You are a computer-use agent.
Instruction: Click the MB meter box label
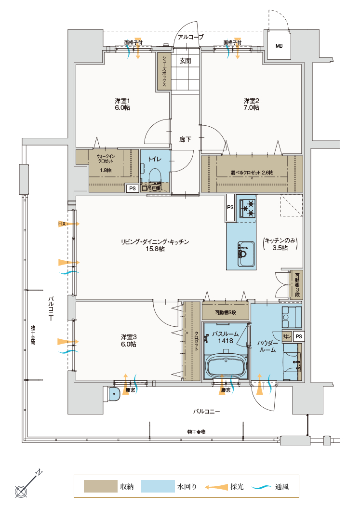pyautogui.click(x=279, y=46)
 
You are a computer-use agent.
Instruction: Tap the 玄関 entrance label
pyautogui.click(x=186, y=61)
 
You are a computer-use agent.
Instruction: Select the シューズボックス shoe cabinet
pyautogui.click(x=164, y=71)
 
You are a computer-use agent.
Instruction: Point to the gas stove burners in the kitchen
pyautogui.click(x=247, y=208)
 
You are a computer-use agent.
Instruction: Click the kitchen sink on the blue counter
pyautogui.click(x=247, y=254)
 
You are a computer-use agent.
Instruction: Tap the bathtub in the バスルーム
pyautogui.click(x=226, y=366)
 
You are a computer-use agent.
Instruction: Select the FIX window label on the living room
pyautogui.click(x=62, y=224)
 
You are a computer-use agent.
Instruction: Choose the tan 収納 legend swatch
pyautogui.click(x=100, y=486)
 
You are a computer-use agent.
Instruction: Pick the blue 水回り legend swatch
pyautogui.click(x=158, y=486)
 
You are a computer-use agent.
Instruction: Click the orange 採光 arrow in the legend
pyautogui.click(x=217, y=487)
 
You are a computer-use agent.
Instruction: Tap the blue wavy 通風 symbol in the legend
pyautogui.click(x=261, y=487)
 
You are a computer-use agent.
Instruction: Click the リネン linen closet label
pyautogui.click(x=287, y=336)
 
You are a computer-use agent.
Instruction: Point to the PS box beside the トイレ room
pyautogui.click(x=133, y=188)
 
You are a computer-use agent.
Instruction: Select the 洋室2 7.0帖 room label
pyautogui.click(x=251, y=104)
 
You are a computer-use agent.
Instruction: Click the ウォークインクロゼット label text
pyautogui.click(x=106, y=159)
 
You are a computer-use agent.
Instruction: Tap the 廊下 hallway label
pyautogui.click(x=186, y=139)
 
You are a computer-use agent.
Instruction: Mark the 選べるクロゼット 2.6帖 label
pyautogui.click(x=252, y=173)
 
